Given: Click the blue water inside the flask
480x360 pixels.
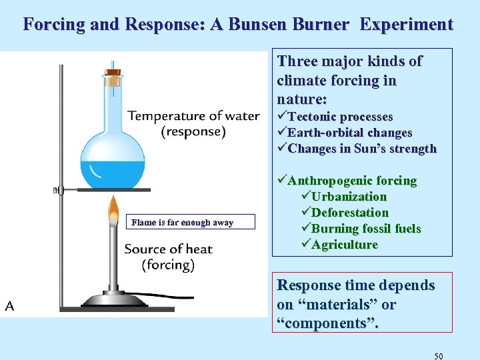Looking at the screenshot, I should [x=112, y=173].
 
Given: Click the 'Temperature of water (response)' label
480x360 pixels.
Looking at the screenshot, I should [x=194, y=123].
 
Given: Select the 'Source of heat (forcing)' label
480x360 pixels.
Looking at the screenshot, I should [x=169, y=257].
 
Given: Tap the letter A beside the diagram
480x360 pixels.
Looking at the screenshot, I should [x=10, y=306].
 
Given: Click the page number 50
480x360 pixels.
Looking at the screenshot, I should [x=438, y=355].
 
